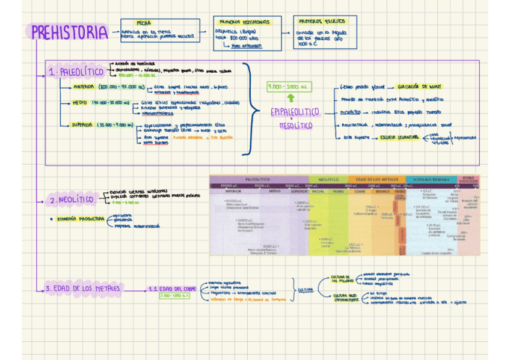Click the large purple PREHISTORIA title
69,33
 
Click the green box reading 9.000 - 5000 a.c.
290,87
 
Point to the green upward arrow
291,98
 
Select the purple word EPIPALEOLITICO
295,112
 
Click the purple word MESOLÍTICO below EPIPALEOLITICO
296,126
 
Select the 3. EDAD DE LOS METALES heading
83,289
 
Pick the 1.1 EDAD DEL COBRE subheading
174,289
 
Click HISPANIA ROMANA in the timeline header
432,179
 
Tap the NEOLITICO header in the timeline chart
328,179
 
